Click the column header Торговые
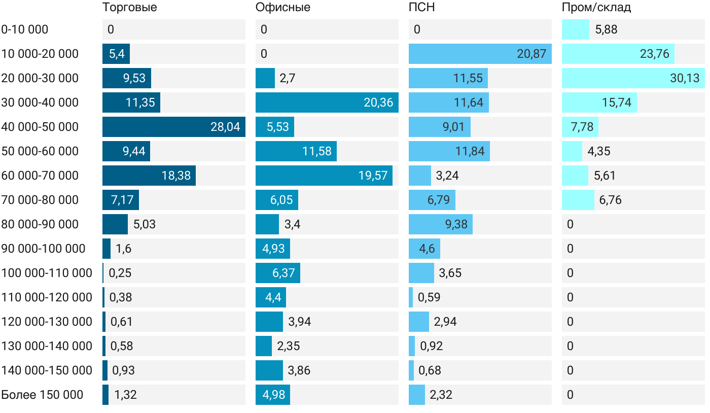(x=129, y=8)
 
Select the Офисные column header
(x=283, y=8)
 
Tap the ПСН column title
(x=422, y=8)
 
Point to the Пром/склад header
(x=596, y=8)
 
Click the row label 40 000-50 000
(x=40, y=127)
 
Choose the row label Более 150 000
(x=42, y=395)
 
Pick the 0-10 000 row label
(x=25, y=29)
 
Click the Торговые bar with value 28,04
(x=173, y=127)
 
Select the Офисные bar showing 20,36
(x=327, y=102)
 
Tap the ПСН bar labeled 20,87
(x=480, y=54)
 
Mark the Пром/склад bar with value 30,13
(x=633, y=78)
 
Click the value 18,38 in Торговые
(x=176, y=176)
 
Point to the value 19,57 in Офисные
(x=373, y=176)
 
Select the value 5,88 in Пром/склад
(x=606, y=29)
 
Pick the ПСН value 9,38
(x=457, y=224)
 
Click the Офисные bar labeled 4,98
(x=273, y=395)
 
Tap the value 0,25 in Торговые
(x=120, y=273)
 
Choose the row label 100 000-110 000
(x=47, y=273)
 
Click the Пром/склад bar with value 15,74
(x=599, y=102)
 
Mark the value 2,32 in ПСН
(x=441, y=395)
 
